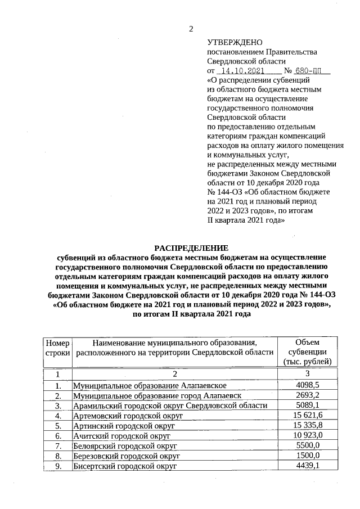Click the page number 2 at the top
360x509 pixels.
click(x=191, y=29)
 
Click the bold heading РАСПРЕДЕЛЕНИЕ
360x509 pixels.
click(x=191, y=247)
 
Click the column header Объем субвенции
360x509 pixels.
click(x=308, y=352)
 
